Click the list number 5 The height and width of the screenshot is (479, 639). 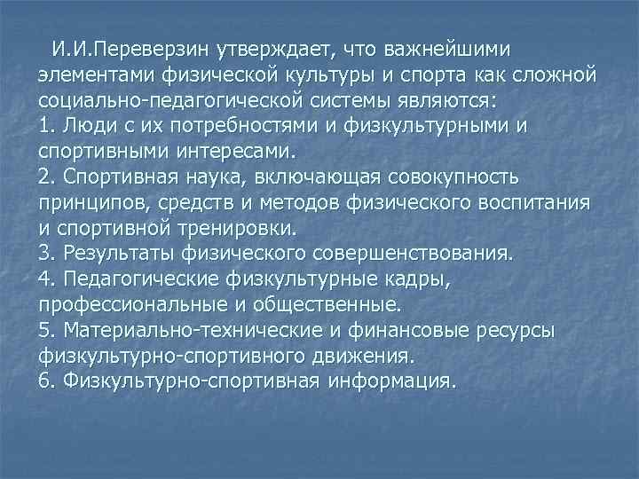pos(46,331)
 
